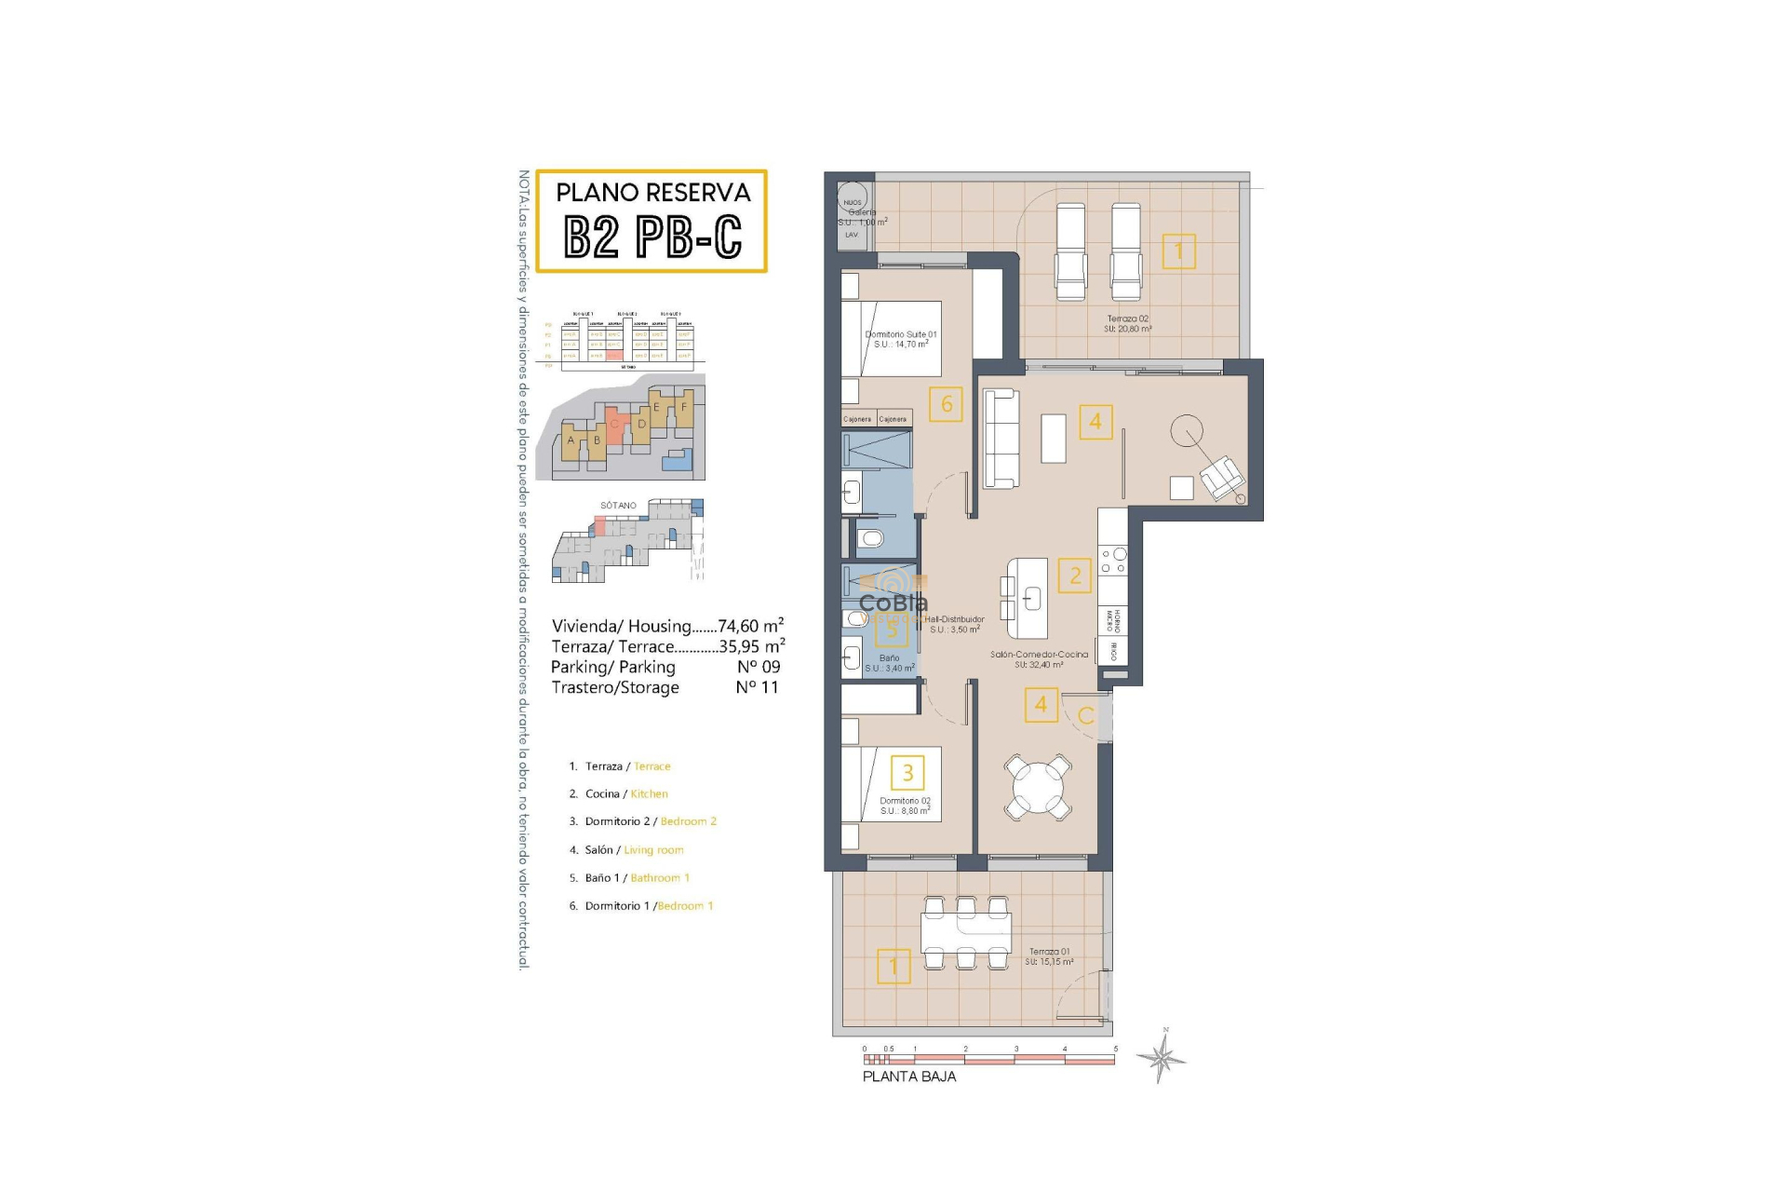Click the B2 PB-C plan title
click(x=652, y=237)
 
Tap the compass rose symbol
click(x=1161, y=1057)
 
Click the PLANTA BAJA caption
click(x=908, y=1077)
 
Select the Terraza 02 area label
click(x=1127, y=323)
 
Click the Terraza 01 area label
click(x=1049, y=956)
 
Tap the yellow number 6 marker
click(x=946, y=404)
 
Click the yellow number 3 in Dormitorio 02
click(x=907, y=772)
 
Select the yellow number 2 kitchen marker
click(x=1075, y=576)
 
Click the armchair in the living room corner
click(x=1222, y=479)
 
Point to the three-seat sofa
click(x=1001, y=439)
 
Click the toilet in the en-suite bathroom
click(x=870, y=538)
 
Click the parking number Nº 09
click(x=758, y=667)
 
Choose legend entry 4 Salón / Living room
click(x=626, y=850)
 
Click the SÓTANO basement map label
click(x=618, y=506)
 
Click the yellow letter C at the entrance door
click(x=1085, y=716)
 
